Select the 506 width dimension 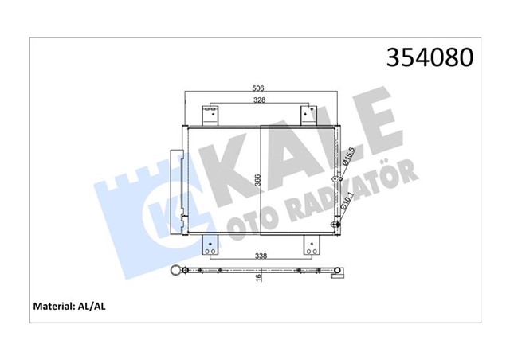pyautogui.click(x=257, y=88)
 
